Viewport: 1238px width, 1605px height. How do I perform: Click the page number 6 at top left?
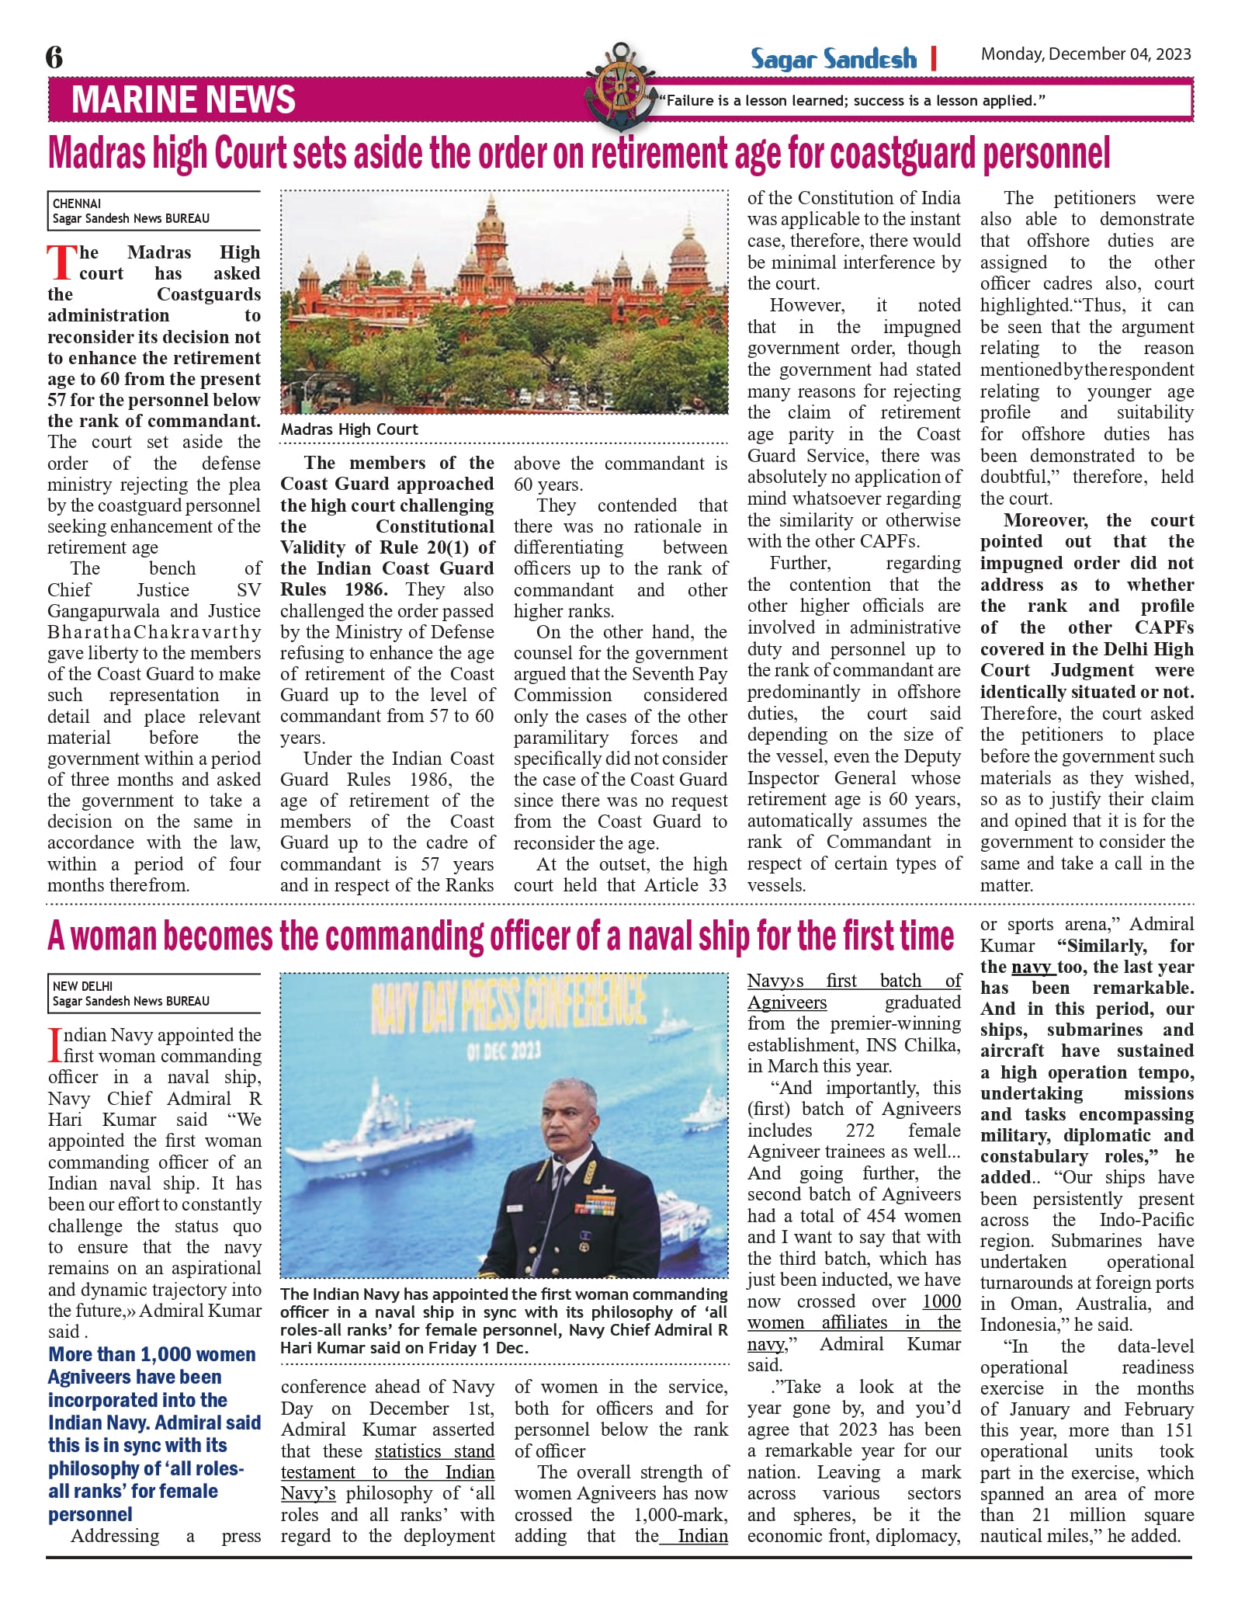click(54, 57)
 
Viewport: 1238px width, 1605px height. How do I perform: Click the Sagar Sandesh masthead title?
click(833, 59)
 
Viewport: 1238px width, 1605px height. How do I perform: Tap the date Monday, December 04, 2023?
click(1085, 54)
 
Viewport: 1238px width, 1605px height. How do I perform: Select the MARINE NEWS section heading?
click(183, 100)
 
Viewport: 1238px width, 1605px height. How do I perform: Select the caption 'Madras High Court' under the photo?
click(349, 429)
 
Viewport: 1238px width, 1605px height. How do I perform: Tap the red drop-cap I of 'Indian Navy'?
click(54, 1045)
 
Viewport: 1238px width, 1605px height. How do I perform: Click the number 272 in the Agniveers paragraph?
click(860, 1131)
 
